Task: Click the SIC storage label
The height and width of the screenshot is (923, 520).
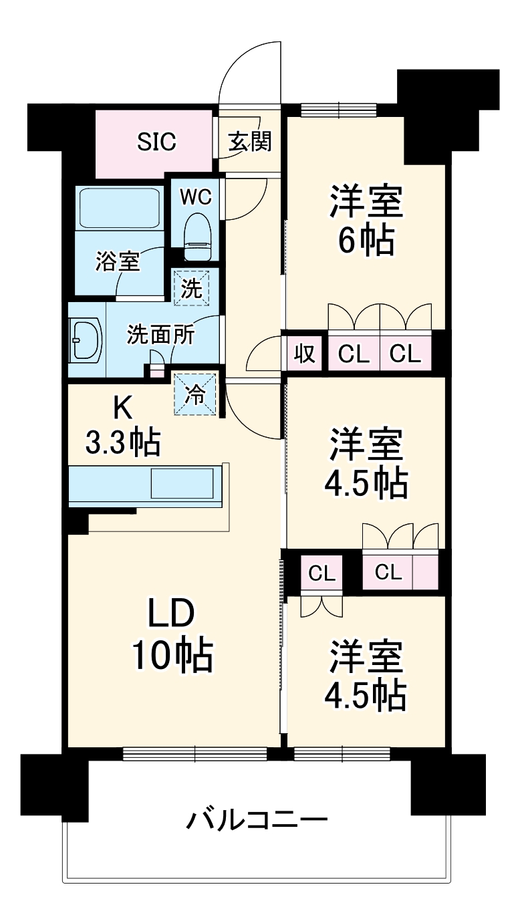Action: point(156,141)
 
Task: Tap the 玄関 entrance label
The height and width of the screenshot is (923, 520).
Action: point(250,142)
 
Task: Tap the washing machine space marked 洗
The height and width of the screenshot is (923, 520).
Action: point(192,288)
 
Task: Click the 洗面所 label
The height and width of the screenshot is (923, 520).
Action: point(160,334)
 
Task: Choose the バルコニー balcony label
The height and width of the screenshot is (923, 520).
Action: point(257,819)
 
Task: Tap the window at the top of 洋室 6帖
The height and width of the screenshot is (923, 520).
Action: point(339,110)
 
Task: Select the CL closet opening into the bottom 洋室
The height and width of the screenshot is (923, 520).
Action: point(321,573)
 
